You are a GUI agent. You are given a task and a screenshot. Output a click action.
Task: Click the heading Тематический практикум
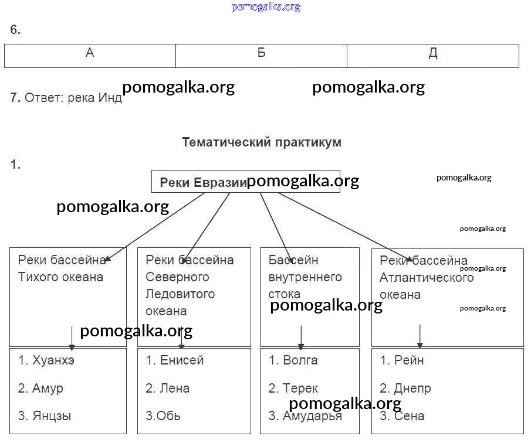261,142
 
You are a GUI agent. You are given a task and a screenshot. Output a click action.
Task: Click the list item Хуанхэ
53,360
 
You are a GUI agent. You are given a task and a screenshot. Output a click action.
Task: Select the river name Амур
48,389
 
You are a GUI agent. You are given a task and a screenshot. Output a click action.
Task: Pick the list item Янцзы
52,417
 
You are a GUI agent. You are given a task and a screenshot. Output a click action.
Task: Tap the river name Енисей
182,360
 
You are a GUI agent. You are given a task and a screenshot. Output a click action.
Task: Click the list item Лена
175,389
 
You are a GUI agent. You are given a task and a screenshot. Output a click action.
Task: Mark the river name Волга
300,360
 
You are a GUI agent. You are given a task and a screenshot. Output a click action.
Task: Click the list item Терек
300,389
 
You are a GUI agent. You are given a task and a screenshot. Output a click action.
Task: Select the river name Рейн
410,360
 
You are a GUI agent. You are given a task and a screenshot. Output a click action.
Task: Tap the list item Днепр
413,389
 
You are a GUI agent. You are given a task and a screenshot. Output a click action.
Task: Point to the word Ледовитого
180,294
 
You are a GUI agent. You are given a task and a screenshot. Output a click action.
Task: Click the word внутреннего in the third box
305,277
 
